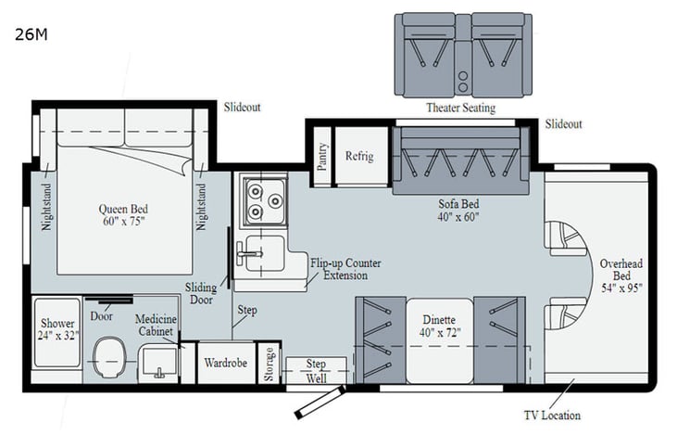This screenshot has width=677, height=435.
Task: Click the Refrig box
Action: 359,157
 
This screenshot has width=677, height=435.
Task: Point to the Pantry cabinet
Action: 322,157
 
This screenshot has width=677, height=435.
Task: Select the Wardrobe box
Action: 225,363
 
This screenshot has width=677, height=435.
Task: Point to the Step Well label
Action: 316,370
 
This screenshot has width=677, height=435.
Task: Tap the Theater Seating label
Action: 459,108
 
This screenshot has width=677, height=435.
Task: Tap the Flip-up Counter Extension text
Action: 345,269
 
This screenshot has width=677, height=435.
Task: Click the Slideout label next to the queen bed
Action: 242,107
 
